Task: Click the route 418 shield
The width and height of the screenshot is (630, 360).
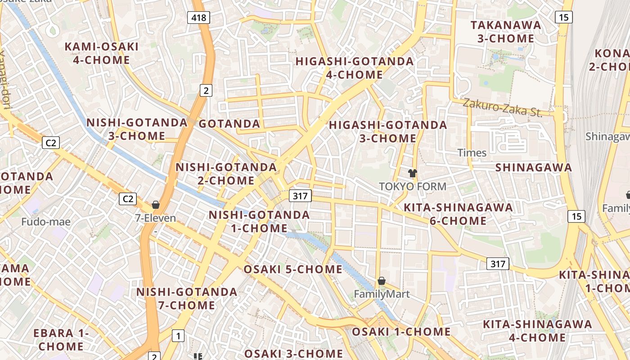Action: pyautogui.click(x=198, y=18)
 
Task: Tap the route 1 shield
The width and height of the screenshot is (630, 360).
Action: pyautogui.click(x=179, y=335)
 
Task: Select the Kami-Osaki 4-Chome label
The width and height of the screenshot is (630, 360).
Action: pyautogui.click(x=101, y=53)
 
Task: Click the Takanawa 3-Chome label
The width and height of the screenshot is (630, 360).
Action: pyautogui.click(x=506, y=31)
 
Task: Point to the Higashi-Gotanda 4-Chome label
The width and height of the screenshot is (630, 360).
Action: pyautogui.click(x=354, y=67)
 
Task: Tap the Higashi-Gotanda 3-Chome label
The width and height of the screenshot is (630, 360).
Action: pyautogui.click(x=388, y=131)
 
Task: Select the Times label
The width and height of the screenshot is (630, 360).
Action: pyautogui.click(x=472, y=153)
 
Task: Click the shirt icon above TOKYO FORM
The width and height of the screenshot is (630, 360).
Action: pyautogui.click(x=412, y=173)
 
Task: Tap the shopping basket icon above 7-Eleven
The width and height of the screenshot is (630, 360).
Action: pyautogui.click(x=156, y=205)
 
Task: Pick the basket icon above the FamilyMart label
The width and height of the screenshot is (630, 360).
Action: pyautogui.click(x=382, y=281)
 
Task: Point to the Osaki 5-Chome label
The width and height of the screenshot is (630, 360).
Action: pyautogui.click(x=293, y=270)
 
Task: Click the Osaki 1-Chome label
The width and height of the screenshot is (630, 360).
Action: pyautogui.click(x=401, y=332)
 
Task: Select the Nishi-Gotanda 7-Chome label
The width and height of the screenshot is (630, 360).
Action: pyautogui.click(x=187, y=298)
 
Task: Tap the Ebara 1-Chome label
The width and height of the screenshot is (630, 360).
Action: pyautogui.click(x=61, y=340)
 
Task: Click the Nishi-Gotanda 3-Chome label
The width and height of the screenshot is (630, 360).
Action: pyautogui.click(x=137, y=129)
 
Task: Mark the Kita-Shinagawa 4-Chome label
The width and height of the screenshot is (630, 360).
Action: pyautogui.click(x=537, y=331)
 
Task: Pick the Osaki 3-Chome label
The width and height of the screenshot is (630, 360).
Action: pyautogui.click(x=293, y=354)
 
